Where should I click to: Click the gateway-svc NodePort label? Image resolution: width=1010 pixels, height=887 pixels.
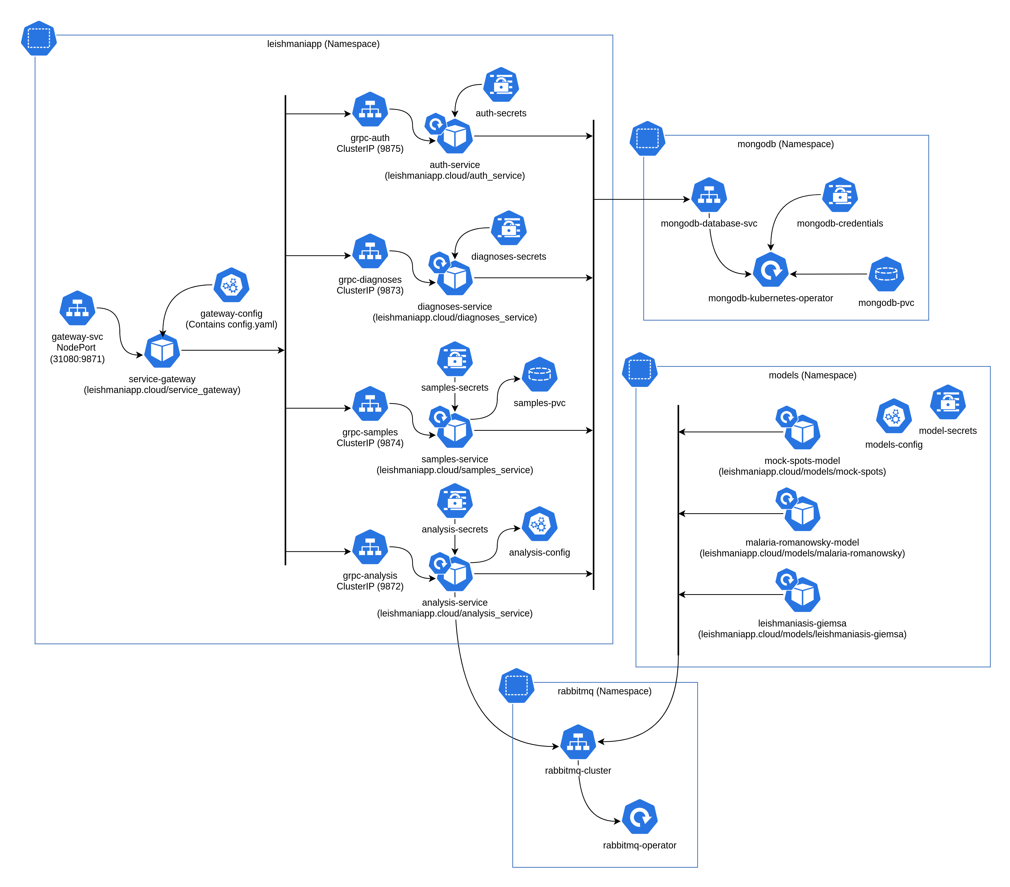(77, 347)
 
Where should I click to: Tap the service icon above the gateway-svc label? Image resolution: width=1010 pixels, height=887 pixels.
(77, 308)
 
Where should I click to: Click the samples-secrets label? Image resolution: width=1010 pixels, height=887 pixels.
(455, 387)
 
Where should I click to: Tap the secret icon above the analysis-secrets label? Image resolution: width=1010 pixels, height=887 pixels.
(455, 501)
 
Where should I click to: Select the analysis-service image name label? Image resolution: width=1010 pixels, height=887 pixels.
(455, 608)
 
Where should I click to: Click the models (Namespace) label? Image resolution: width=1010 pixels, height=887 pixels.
(812, 375)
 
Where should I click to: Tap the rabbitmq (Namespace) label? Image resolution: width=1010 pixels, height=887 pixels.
(604, 691)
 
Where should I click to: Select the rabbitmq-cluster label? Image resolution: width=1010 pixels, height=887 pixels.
(578, 770)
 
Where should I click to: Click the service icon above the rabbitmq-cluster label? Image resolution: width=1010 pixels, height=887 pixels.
(578, 742)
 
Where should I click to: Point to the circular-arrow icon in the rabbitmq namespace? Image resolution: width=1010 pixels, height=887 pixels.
(639, 816)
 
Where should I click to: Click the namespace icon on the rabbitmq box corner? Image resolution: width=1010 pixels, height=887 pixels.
(516, 685)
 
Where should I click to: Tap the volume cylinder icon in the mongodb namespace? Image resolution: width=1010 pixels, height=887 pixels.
(886, 274)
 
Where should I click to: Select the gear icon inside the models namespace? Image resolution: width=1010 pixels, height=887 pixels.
(893, 416)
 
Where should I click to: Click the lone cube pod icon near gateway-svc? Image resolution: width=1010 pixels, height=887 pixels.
(162, 350)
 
